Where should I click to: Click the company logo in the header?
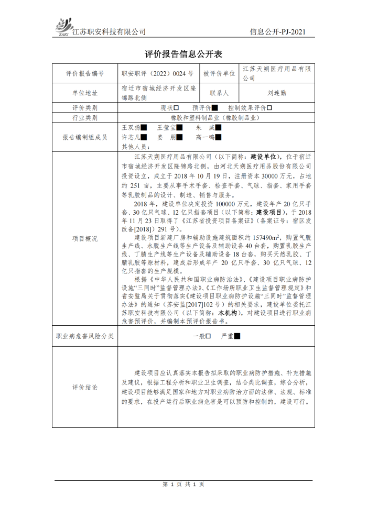(x=62, y=27)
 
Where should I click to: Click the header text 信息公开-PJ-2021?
(x=277, y=32)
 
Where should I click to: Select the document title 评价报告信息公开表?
(x=183, y=54)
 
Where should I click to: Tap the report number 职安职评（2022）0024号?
(x=157, y=74)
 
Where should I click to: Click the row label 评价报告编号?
(x=84, y=74)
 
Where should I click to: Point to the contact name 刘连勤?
(x=276, y=93)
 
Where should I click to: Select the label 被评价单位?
(x=219, y=74)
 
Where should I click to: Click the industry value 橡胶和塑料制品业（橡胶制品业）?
(x=217, y=118)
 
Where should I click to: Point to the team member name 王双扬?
(x=131, y=127)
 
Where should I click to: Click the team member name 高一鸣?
(x=205, y=137)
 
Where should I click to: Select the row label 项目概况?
(x=84, y=238)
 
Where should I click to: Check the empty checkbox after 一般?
(x=208, y=336)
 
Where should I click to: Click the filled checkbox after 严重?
(x=237, y=336)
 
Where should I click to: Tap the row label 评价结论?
(x=84, y=388)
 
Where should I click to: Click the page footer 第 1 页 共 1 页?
(x=183, y=484)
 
